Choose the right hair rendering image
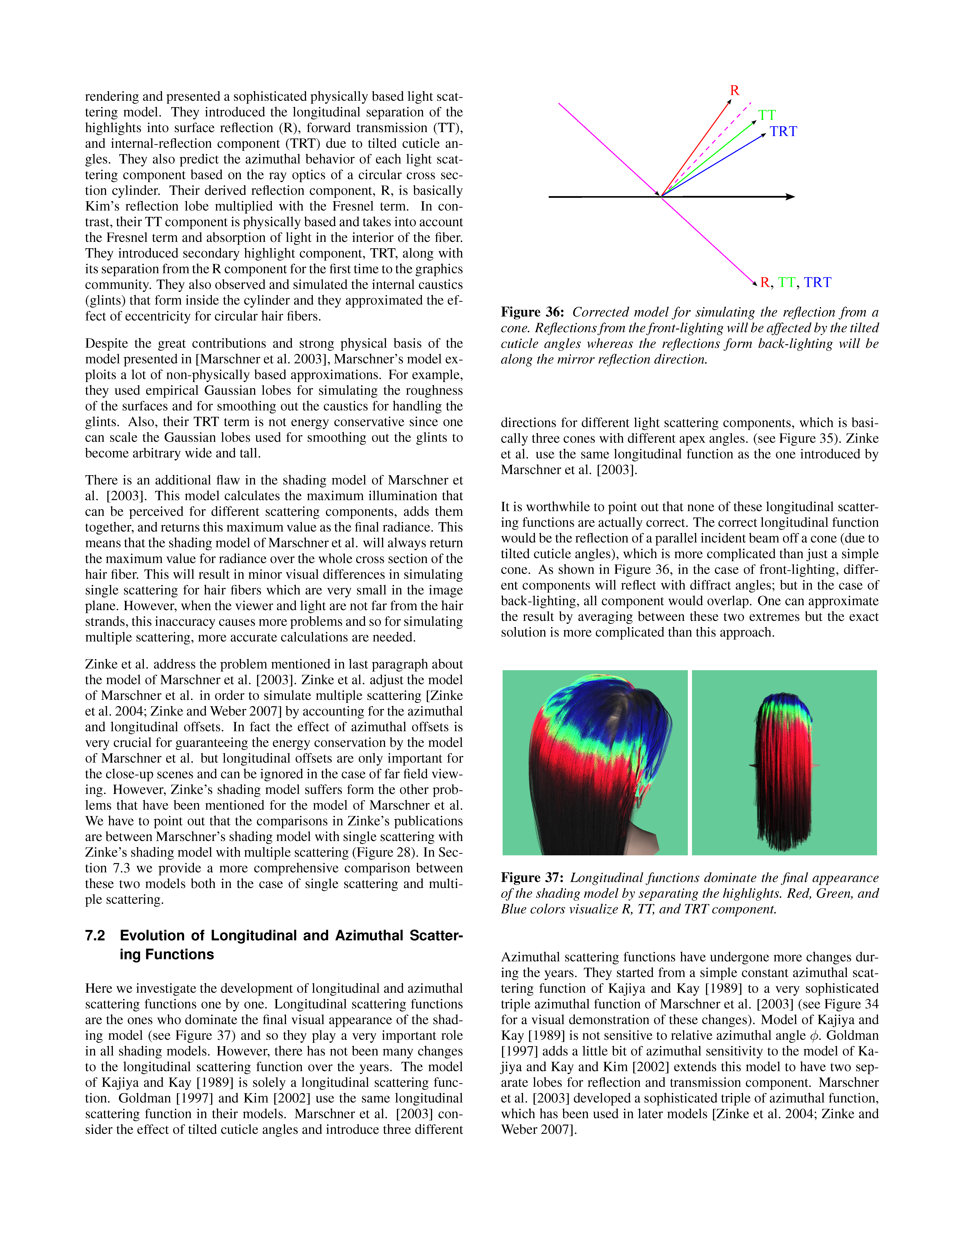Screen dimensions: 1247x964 pyautogui.click(x=784, y=762)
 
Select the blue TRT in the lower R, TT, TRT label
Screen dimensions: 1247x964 pyautogui.click(x=817, y=283)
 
